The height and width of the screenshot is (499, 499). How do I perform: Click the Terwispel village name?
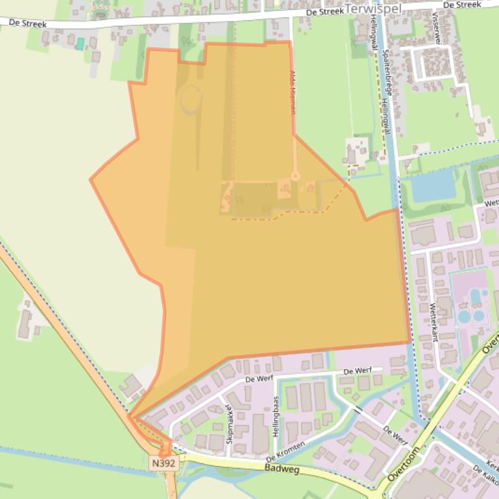point(374,8)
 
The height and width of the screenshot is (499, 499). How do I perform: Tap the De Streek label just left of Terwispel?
point(324,11)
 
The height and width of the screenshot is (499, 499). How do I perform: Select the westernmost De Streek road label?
point(28,23)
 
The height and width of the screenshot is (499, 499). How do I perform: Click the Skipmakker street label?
point(229,424)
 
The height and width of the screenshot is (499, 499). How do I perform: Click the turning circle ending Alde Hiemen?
point(295,176)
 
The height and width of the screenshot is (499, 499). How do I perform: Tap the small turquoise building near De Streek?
point(80,43)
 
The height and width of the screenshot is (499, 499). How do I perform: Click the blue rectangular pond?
point(433,186)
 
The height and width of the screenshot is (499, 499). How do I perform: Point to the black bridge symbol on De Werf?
point(357,410)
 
